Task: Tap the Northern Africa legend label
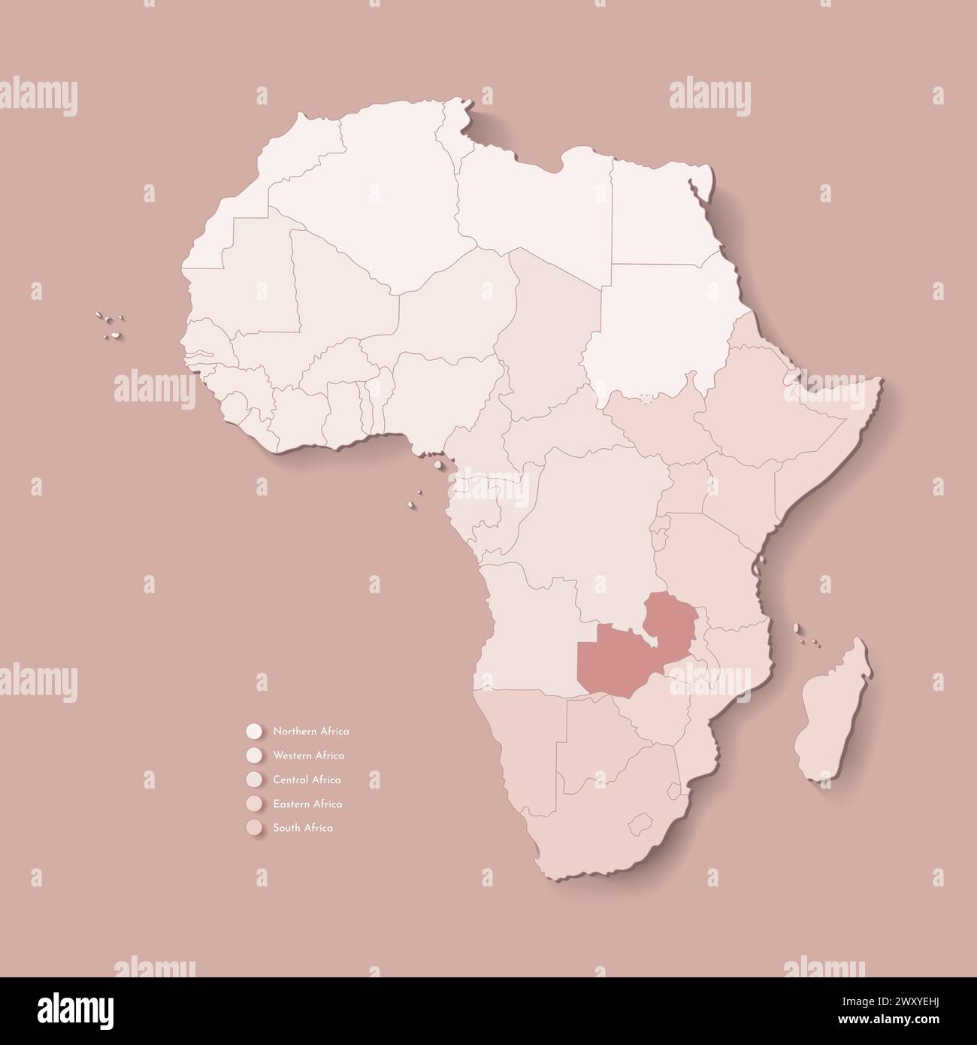pos(310,731)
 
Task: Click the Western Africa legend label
pos(308,755)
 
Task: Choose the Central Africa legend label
pos(307,780)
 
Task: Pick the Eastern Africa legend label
pos(307,804)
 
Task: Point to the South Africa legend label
pos(303,828)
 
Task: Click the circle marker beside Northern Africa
pos(253,731)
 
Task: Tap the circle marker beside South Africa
pos(253,828)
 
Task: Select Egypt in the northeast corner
pos(658,218)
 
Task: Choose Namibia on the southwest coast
pos(519,744)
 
